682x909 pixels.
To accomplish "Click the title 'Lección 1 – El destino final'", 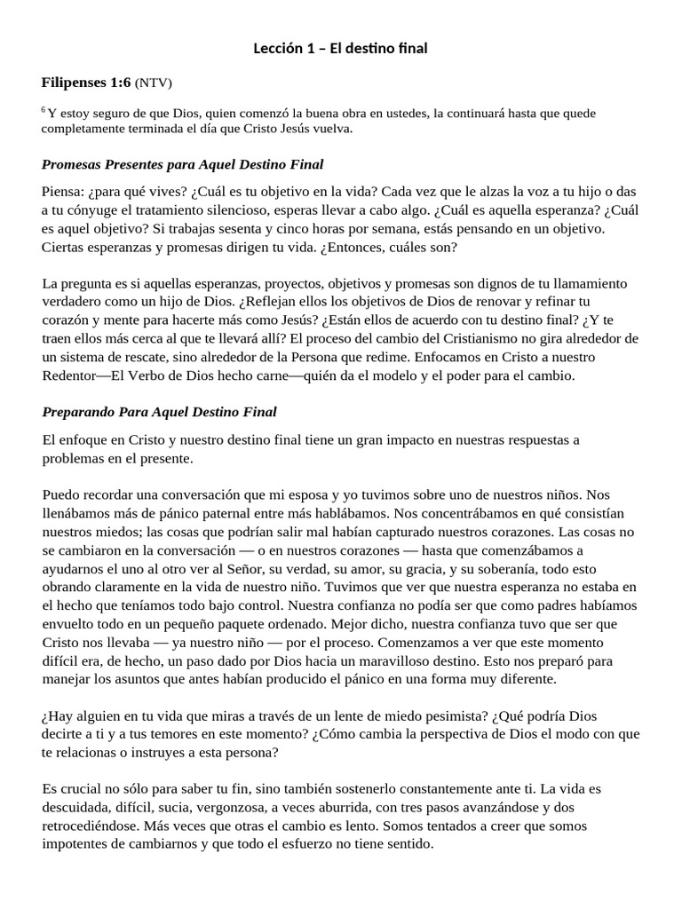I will [340, 48].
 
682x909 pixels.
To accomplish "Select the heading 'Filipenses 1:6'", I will [85, 83].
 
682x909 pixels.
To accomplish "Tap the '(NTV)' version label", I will [153, 83].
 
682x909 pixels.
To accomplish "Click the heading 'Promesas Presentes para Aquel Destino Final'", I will [182, 164].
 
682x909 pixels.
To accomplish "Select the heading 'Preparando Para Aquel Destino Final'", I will [159, 412].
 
